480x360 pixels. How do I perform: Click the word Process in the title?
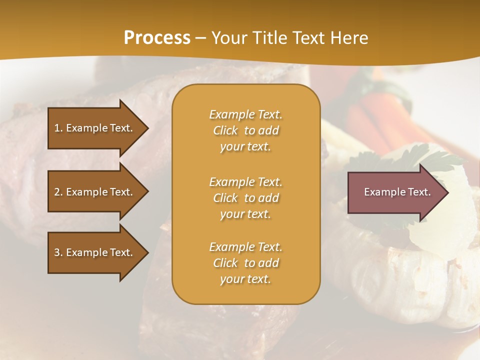click(157, 38)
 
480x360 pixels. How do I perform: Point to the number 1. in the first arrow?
click(58, 128)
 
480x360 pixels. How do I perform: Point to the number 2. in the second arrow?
click(58, 192)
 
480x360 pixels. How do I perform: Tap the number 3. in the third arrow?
click(58, 252)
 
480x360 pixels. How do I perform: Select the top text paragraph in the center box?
click(245, 130)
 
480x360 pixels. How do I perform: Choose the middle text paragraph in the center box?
click(245, 198)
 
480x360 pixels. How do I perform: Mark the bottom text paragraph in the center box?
click(245, 263)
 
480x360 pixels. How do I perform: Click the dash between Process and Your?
click(201, 38)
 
